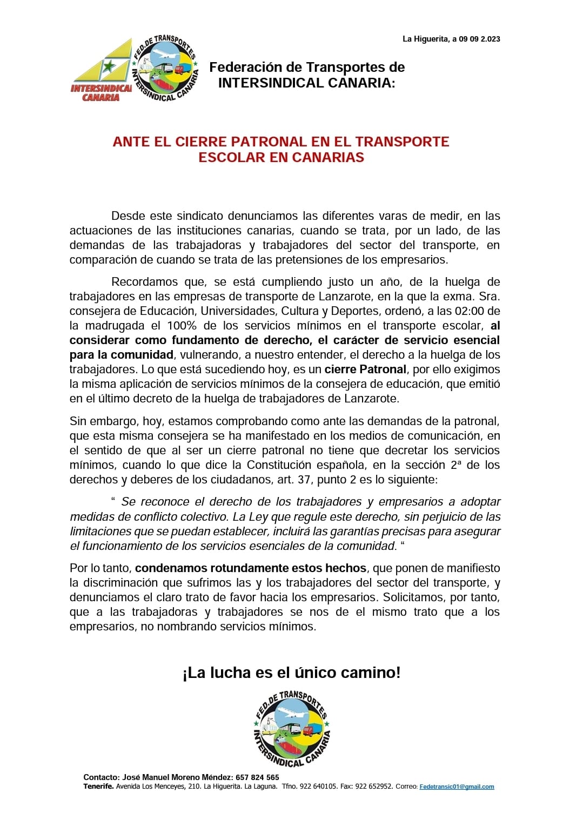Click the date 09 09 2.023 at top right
pos(479,39)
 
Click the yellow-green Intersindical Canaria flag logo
pos(103,70)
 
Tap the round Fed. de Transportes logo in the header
pos(165,69)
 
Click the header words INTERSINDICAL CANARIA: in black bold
pos(306,83)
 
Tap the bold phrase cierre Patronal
pos(365,369)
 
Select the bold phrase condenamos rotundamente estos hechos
pos(251,568)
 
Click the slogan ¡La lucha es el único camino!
pos(292,673)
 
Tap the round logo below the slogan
pos(292,729)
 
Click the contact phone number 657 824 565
pos(258,777)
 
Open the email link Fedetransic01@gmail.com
pos(457,787)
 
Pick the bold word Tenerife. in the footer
pos(98,787)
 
